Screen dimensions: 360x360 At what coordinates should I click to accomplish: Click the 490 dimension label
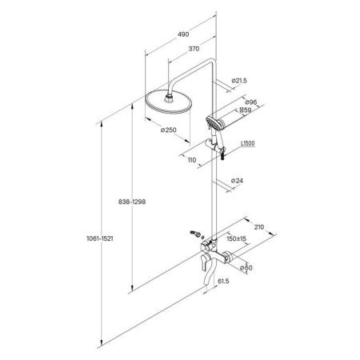coord(183,34)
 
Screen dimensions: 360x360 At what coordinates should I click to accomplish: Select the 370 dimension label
coord(194,49)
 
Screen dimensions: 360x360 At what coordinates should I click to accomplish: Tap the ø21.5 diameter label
coord(239,80)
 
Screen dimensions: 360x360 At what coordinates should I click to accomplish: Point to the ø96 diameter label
coord(250,102)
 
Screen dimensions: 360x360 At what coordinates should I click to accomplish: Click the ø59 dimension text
coord(245,110)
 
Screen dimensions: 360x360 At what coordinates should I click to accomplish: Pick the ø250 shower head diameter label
coord(169,130)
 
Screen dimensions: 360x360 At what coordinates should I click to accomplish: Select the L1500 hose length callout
coord(248,143)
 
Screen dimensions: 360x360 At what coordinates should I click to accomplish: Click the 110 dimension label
coord(192,160)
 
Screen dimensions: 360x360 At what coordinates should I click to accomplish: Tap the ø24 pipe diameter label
coord(237,181)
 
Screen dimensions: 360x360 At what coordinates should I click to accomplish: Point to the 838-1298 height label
coord(132,202)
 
